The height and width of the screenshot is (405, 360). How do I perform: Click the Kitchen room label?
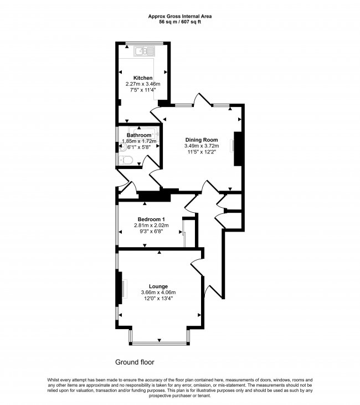click(x=143, y=78)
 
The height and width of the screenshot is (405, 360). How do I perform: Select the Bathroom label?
click(x=138, y=135)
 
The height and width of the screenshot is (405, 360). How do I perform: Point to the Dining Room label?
click(x=201, y=140)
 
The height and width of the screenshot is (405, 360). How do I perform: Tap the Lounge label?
click(x=158, y=286)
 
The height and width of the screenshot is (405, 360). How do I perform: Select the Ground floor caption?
click(x=135, y=362)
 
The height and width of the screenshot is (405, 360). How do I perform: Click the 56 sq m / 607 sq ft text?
click(x=179, y=22)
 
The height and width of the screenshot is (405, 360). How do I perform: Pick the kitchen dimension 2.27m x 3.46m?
click(x=143, y=84)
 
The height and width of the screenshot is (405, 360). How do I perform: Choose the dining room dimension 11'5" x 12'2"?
click(x=201, y=152)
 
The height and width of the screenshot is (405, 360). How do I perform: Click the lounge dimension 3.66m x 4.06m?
click(x=158, y=293)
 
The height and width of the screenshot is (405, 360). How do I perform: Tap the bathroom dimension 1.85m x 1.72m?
click(x=139, y=141)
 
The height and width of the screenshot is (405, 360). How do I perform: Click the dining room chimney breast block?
click(x=238, y=148)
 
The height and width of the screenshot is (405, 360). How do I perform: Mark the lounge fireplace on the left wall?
click(x=119, y=288)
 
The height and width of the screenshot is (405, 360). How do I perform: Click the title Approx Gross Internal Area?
click(x=179, y=16)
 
